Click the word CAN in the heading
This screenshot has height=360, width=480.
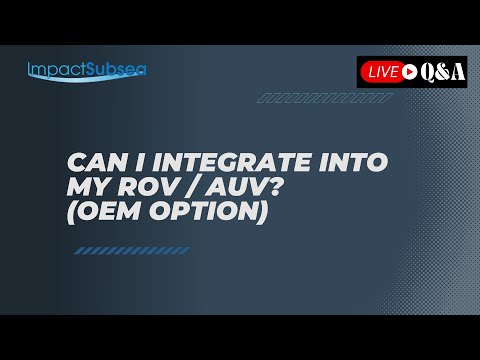[92, 163]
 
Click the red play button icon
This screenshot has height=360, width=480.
[410, 71]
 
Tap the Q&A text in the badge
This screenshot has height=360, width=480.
[442, 71]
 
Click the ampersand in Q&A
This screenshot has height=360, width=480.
[442, 71]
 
